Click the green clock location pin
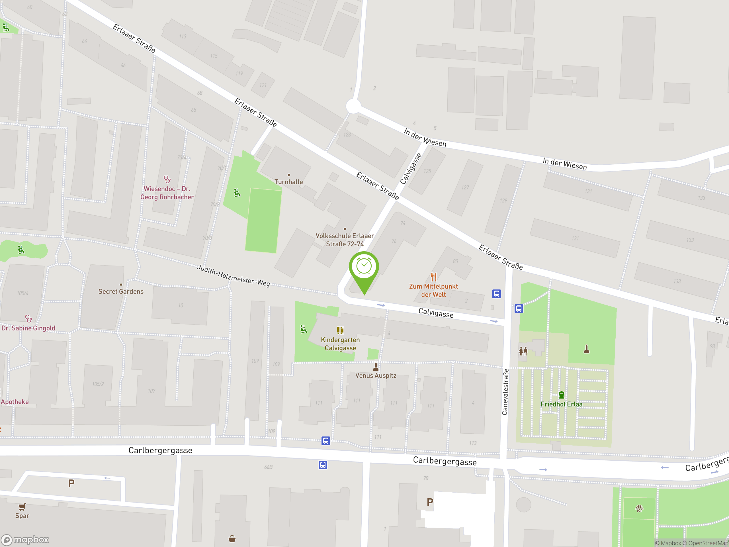[364, 267]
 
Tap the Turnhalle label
[288, 182]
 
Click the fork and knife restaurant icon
[433, 277]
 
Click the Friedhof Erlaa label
[561, 404]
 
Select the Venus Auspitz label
[375, 375]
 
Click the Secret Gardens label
[121, 291]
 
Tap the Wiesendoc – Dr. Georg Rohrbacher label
[167, 193]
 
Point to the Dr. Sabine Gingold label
[28, 328]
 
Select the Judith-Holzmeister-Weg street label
[233, 276]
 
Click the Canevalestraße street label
[505, 392]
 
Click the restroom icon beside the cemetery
[523, 351]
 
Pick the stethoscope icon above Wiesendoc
[167, 179]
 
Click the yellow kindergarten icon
[340, 330]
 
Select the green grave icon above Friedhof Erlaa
[561, 395]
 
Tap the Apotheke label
[15, 402]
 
